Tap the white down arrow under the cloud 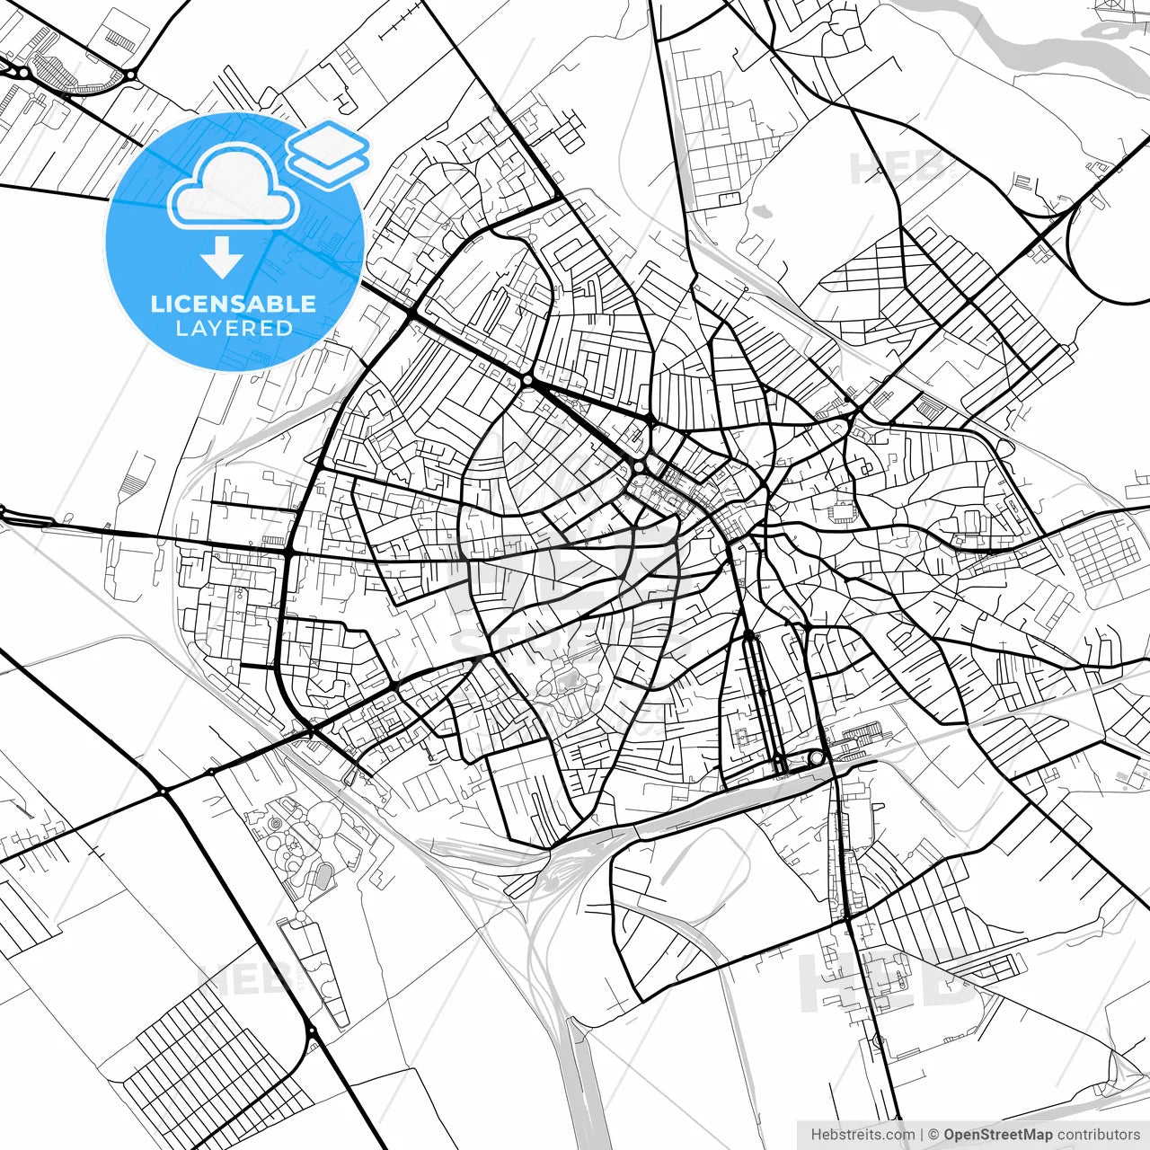coord(222,258)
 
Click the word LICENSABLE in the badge coord(234,304)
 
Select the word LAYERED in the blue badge coord(234,329)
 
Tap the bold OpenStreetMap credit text coord(998,1135)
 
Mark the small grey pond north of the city coord(762,212)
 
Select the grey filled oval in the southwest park coord(324,871)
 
